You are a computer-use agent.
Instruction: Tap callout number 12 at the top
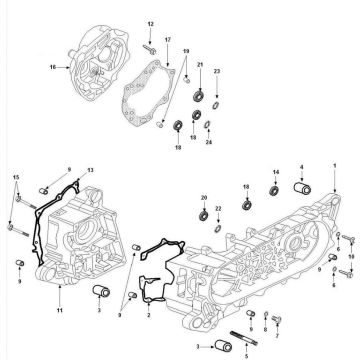(x=150, y=22)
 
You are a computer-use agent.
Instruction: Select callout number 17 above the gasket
(x=168, y=39)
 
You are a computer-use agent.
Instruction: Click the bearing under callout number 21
(x=200, y=97)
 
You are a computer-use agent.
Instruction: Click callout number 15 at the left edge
(x=15, y=177)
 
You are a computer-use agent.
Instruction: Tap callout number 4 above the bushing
(x=302, y=168)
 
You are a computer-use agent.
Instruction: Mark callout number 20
(x=204, y=197)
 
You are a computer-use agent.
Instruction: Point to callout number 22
(x=219, y=209)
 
